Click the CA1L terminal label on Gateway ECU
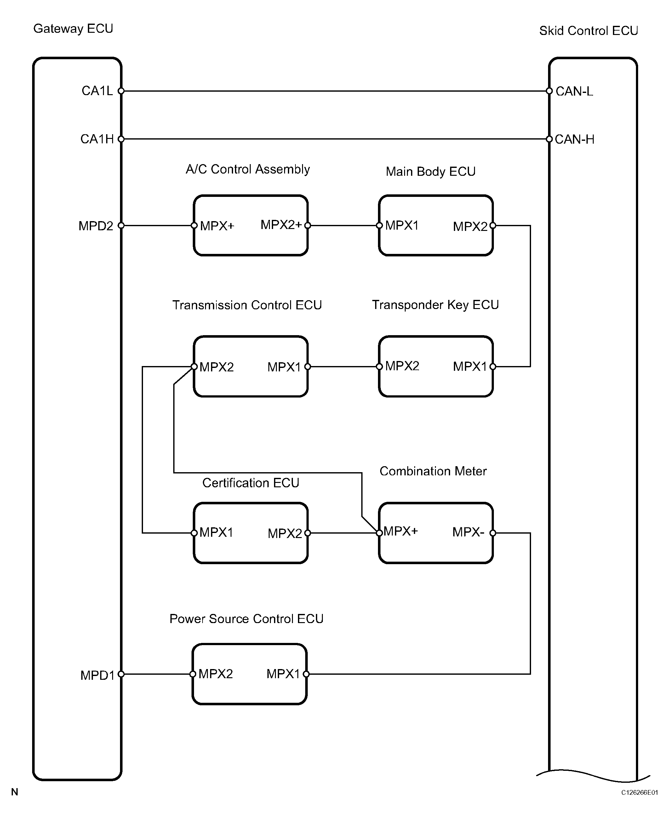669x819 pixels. (x=97, y=91)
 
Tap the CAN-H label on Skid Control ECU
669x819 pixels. (x=575, y=139)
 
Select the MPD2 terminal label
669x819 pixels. (x=96, y=226)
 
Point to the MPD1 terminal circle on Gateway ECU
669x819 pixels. (x=121, y=674)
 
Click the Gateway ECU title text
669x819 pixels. (x=73, y=29)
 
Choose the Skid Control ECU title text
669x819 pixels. (x=588, y=31)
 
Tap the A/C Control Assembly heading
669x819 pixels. (x=248, y=169)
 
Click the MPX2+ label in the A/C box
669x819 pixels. (x=281, y=225)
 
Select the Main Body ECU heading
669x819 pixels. (x=431, y=171)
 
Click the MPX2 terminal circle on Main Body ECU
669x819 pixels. (x=493, y=226)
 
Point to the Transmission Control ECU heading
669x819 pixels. (x=247, y=305)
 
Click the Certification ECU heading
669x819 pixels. (x=251, y=483)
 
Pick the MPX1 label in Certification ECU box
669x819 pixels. (x=216, y=533)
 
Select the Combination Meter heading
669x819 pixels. (x=433, y=471)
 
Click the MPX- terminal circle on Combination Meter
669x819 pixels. (x=493, y=533)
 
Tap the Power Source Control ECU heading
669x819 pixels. (x=247, y=619)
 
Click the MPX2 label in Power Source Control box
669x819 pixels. (x=216, y=674)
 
